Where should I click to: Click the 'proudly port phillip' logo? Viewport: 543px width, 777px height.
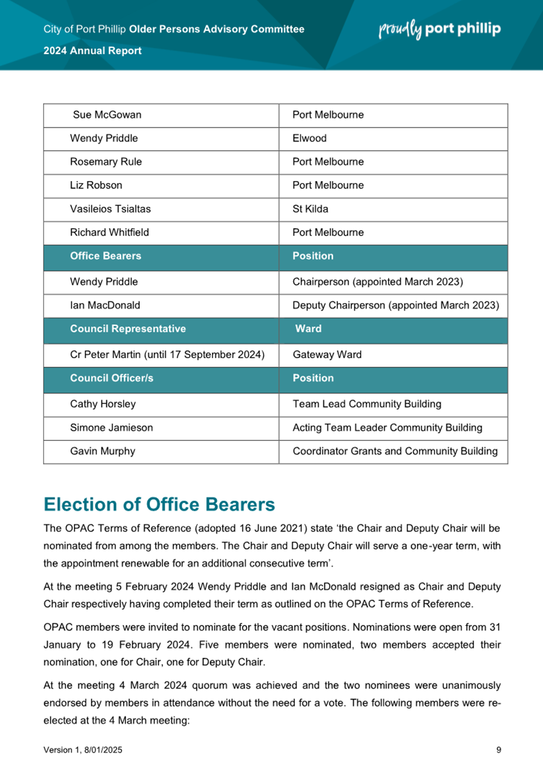point(440,29)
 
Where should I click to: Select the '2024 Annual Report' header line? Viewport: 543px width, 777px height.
point(93,51)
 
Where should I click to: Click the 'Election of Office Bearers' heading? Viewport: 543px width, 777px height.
point(159,505)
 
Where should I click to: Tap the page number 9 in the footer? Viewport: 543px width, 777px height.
point(499,750)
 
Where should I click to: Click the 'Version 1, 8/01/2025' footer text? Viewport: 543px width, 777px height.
point(83,750)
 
